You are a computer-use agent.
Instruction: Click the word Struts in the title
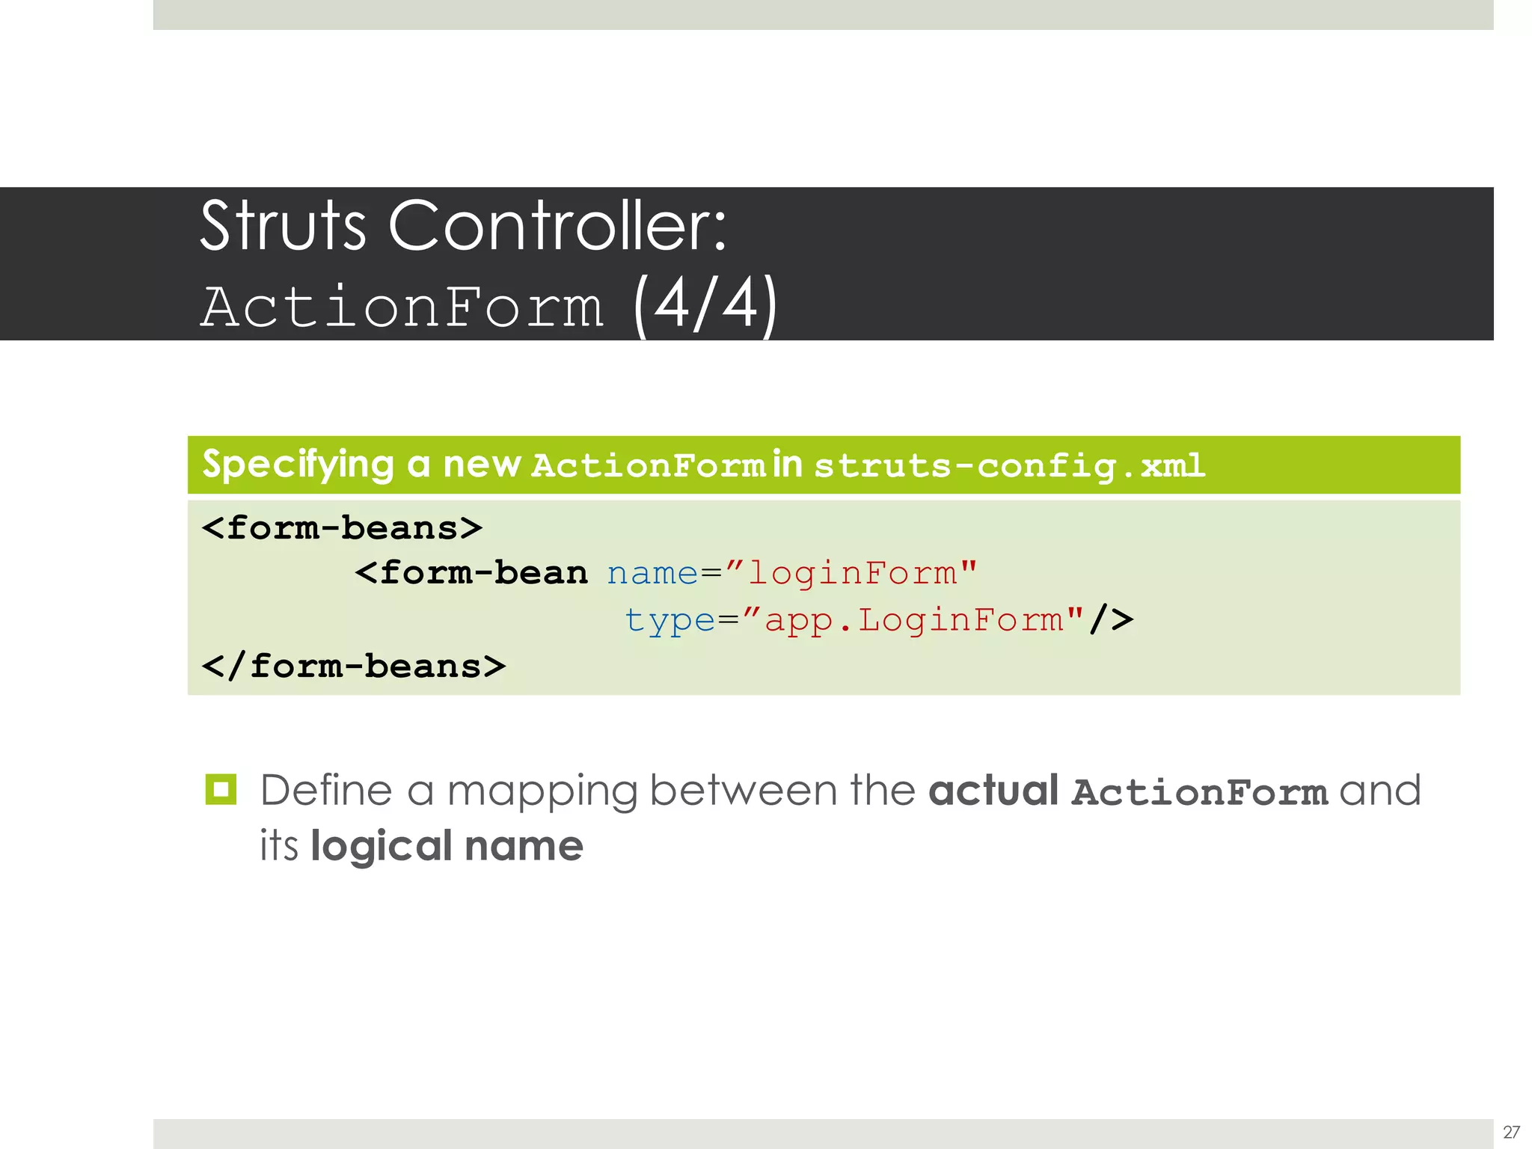283,225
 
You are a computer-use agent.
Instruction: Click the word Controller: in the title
557,225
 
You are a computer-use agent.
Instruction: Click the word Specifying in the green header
298,465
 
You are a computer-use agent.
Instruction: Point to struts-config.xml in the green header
1009,466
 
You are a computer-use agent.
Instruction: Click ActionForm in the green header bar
648,466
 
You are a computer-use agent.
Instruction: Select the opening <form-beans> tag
342,528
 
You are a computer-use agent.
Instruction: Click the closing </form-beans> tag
353,666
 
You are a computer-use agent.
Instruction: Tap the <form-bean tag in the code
471,573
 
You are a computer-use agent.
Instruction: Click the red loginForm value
852,574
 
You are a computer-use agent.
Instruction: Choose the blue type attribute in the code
670,620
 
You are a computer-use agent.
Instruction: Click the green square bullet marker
221,789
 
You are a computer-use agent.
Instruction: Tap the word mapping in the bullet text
542,791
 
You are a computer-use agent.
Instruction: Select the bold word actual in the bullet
993,791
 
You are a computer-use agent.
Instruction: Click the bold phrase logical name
447,846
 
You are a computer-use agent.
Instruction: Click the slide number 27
1511,1132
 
